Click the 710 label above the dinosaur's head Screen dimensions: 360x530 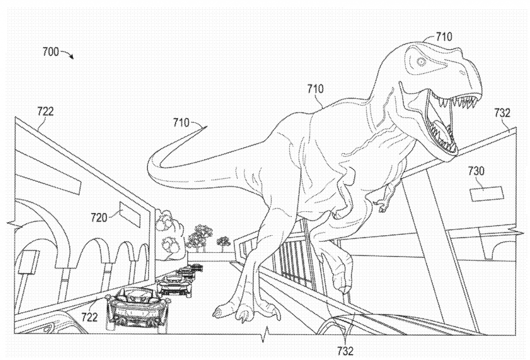tap(444, 36)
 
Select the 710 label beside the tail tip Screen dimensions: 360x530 tap(182, 122)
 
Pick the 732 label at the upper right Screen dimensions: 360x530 tap(502, 113)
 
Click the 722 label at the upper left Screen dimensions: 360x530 tap(45, 110)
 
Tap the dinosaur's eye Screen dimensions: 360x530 tap(421, 62)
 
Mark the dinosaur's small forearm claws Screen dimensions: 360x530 tap(383, 205)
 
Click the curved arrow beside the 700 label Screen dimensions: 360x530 tap(68, 54)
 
